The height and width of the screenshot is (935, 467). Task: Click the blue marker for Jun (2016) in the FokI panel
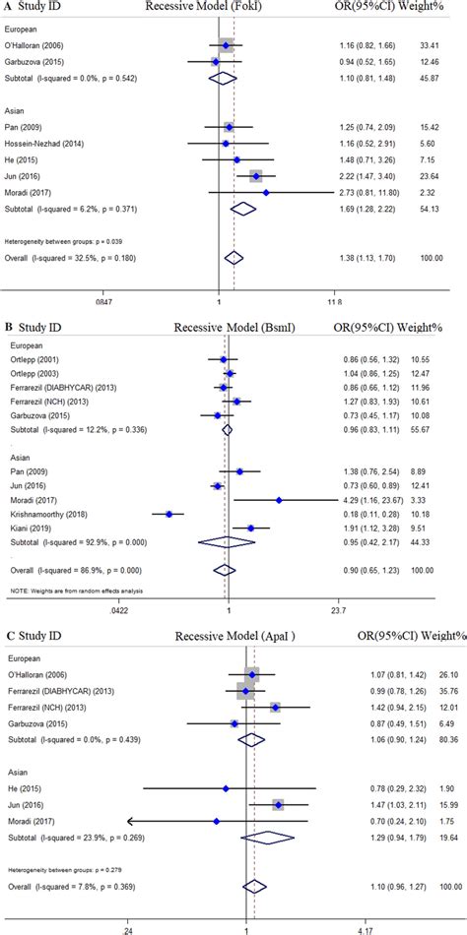point(256,177)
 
